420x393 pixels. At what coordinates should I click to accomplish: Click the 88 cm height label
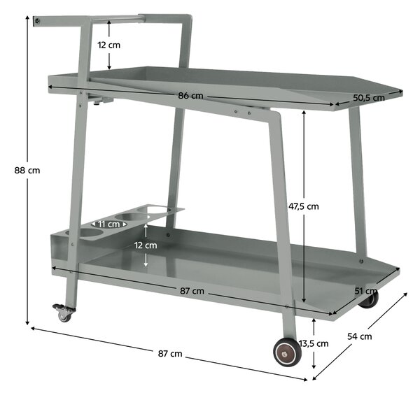point(27,171)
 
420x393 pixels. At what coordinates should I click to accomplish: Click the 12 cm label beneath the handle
point(108,45)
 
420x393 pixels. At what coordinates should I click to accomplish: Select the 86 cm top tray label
point(190,96)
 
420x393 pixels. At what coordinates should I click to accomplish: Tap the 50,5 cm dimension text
point(369,98)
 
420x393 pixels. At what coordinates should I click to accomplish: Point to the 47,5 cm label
point(304,206)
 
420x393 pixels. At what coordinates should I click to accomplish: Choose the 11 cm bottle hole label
point(108,224)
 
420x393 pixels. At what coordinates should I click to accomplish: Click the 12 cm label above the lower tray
point(146,245)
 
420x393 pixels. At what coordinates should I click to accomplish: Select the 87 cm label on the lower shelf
point(192,291)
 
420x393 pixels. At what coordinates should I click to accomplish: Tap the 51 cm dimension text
point(366,291)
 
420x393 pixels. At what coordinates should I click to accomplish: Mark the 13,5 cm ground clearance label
point(314,343)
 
